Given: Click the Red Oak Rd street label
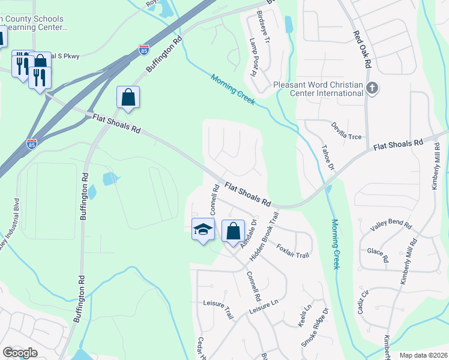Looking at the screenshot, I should (x=363, y=49).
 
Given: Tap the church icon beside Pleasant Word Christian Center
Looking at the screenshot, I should (x=372, y=89).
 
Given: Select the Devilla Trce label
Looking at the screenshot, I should (x=347, y=131).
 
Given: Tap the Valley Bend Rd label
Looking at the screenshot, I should (x=391, y=226).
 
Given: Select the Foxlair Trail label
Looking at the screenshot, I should (x=292, y=251).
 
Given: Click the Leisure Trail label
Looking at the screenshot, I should (x=217, y=308).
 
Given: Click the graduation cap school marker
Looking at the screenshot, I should (x=203, y=229).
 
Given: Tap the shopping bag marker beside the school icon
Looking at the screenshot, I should (x=233, y=231).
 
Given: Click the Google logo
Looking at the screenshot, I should (x=20, y=352).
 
